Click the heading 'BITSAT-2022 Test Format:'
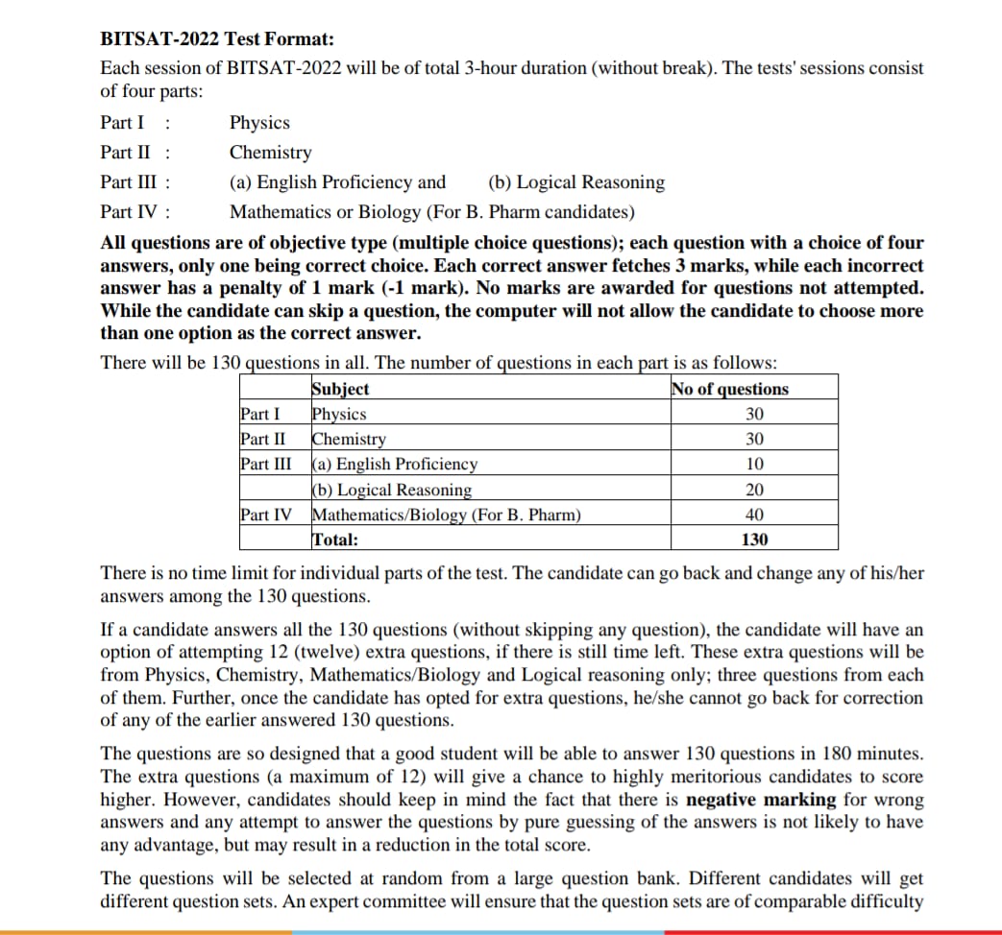click(218, 39)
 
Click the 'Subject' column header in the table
click(340, 389)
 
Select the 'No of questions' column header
click(731, 389)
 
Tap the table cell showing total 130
click(754, 539)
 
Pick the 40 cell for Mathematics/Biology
click(754, 515)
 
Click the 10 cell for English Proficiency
click(754, 465)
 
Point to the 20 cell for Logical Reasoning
click(754, 490)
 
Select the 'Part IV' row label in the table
click(266, 515)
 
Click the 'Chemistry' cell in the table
click(350, 440)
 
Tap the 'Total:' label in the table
click(335, 539)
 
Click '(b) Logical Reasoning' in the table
click(392, 490)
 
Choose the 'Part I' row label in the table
click(260, 415)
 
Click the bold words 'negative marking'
click(764, 800)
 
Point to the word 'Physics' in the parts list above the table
click(259, 123)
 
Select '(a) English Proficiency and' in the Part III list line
click(337, 182)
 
